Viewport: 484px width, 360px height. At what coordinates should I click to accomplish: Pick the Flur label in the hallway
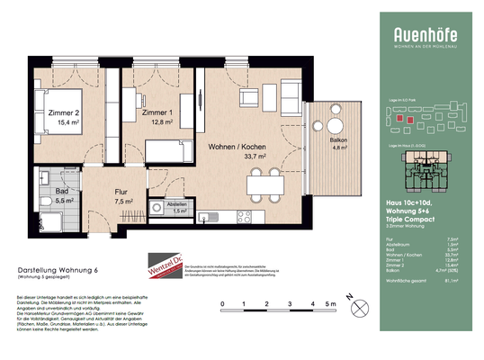point(121,192)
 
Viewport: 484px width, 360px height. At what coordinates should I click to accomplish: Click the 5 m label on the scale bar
point(333,304)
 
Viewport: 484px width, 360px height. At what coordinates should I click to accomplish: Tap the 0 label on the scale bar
point(221,304)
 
